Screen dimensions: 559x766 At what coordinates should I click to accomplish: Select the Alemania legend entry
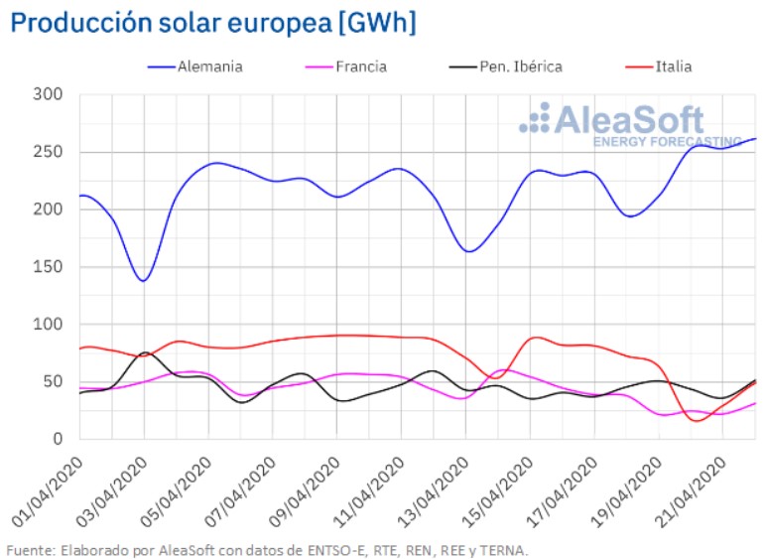pos(208,67)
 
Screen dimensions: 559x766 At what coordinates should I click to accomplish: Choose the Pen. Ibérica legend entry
pos(519,67)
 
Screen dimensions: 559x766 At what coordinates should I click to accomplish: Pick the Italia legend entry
pos(673,67)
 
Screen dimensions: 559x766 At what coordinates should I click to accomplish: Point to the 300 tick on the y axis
pos(49,95)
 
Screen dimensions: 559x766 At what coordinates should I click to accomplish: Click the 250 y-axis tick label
pos(49,152)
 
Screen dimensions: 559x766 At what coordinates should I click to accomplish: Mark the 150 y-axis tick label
pos(49,267)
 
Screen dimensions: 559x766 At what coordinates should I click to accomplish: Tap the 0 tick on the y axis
pos(58,439)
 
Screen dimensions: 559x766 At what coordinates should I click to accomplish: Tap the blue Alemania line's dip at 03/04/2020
pos(144,281)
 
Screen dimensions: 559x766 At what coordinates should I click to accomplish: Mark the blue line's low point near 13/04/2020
pos(469,251)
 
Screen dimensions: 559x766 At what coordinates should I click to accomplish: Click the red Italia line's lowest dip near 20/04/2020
pos(696,420)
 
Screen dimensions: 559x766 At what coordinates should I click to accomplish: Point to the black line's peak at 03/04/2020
pos(145,352)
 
